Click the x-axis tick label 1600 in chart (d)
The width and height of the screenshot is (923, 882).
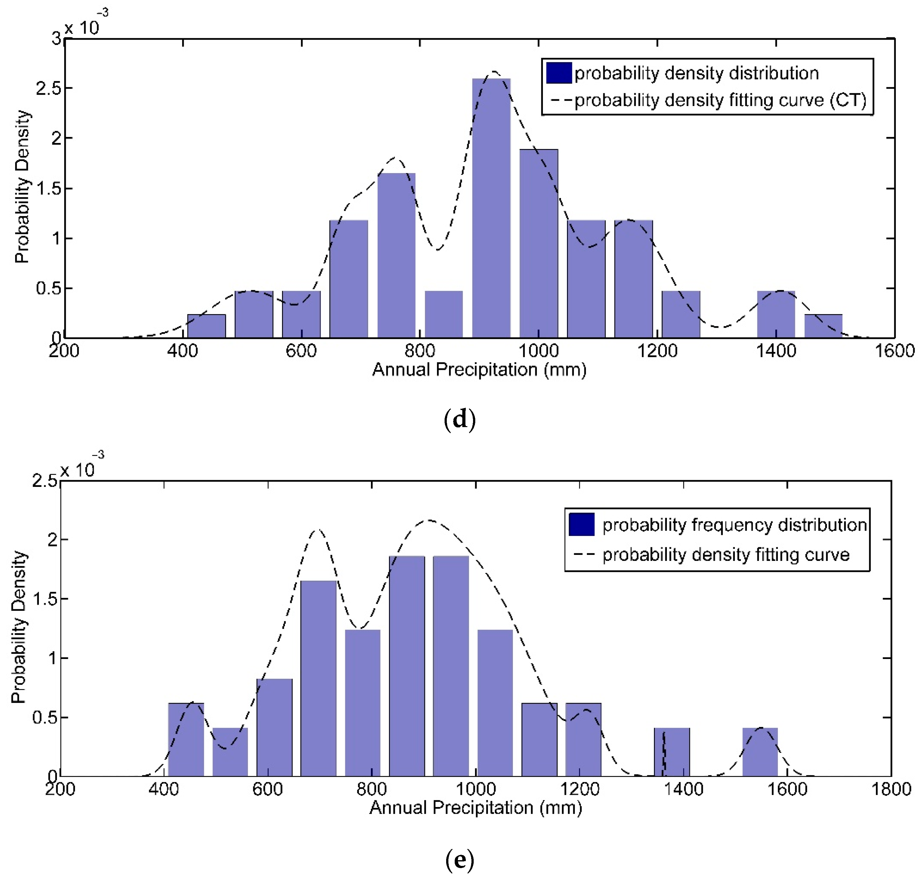pos(894,351)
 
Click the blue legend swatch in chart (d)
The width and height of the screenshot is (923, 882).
pos(559,73)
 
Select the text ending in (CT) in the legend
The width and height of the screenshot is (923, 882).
pos(720,100)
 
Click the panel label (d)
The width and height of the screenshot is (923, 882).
pos(460,419)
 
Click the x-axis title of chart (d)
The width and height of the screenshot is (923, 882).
pos(479,370)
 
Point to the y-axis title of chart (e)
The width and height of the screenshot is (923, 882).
pos(19,628)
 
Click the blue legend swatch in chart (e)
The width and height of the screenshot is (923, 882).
pos(581,524)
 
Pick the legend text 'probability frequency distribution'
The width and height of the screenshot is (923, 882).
pos(734,525)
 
